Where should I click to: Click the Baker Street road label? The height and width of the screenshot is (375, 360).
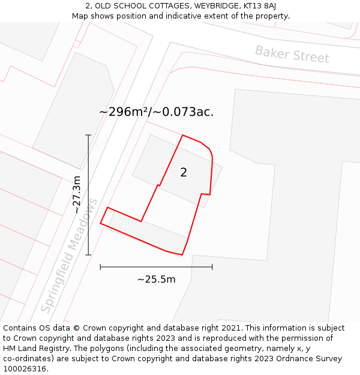292,54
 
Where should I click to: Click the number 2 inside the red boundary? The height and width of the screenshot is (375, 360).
184,173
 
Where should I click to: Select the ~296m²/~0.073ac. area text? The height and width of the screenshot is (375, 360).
156,112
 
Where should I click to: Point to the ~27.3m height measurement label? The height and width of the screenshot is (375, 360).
77,194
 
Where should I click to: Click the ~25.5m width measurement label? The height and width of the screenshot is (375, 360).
156,279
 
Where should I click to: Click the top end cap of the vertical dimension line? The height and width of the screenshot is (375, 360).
88,135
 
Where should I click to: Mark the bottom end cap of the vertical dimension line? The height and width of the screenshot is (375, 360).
88,255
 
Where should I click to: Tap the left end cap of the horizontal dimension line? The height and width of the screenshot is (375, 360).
100,267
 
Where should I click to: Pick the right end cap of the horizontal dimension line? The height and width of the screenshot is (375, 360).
212,267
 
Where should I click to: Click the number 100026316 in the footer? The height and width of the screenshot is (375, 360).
25,369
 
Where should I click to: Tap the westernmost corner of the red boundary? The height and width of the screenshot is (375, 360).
100,224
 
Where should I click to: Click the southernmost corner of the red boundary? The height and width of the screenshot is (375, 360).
182,255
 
